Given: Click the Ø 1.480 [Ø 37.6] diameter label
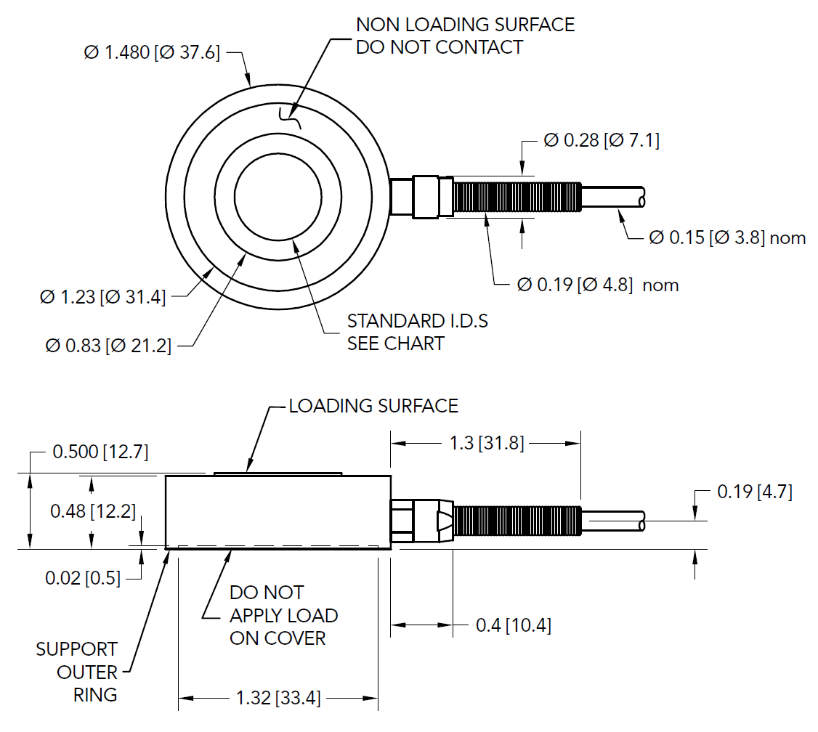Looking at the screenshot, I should [x=152, y=53].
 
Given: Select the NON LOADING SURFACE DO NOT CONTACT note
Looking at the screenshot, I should [x=465, y=36].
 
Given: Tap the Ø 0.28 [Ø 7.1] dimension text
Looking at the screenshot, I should [x=602, y=140].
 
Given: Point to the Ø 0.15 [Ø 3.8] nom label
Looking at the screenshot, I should [x=726, y=237].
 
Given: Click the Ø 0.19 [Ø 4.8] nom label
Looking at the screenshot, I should [x=597, y=285].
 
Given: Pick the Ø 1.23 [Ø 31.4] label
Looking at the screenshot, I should [x=103, y=296].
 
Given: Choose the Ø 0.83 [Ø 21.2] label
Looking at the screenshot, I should [x=108, y=346].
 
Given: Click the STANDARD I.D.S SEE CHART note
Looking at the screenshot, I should [x=417, y=332].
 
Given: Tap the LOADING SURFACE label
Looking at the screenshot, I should [x=373, y=406].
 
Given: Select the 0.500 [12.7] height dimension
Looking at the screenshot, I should [x=100, y=452].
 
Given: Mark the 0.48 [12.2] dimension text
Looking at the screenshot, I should [x=93, y=511].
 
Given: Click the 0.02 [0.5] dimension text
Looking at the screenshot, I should [x=83, y=578].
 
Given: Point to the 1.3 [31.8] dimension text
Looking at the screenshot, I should [x=485, y=442].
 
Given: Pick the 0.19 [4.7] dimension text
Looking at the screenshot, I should [x=754, y=492].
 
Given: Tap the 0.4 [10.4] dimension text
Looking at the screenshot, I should [x=513, y=625].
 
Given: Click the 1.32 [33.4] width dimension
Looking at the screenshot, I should [x=278, y=698].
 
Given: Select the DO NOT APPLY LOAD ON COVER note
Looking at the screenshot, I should [x=283, y=615].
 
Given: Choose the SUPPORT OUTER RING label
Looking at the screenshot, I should [x=78, y=672].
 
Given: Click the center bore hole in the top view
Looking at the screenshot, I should [x=279, y=196].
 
